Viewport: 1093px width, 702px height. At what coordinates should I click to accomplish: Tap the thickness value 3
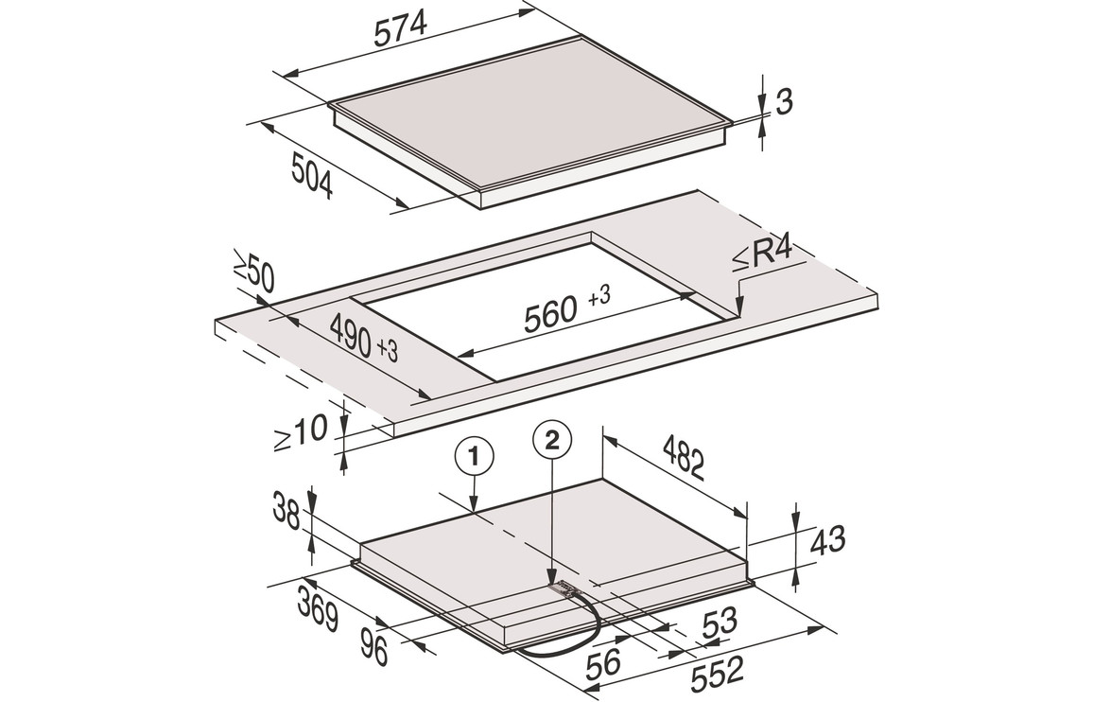[785, 102]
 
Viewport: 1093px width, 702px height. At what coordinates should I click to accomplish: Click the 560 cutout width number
[551, 313]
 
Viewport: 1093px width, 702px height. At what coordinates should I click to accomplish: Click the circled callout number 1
[474, 457]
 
